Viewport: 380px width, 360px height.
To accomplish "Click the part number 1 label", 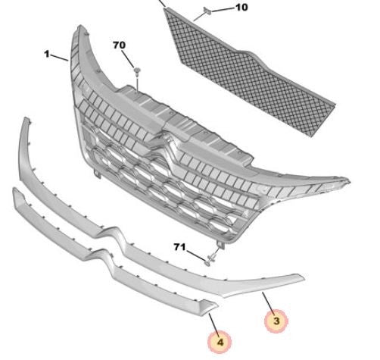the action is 47,54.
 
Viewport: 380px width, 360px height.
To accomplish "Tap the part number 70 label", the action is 119,45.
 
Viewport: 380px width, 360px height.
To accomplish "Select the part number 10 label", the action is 241,8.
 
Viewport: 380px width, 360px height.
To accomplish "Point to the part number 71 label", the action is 179,247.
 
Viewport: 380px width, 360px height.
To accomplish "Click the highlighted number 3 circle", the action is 276,321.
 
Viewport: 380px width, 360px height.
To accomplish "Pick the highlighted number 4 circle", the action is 220,343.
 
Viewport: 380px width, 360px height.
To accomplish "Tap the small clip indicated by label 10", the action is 207,11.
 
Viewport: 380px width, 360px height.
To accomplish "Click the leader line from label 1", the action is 59,58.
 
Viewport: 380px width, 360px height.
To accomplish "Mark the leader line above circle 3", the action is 268,302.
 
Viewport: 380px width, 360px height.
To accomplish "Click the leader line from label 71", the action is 195,255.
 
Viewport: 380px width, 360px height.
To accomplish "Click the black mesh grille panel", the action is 249,74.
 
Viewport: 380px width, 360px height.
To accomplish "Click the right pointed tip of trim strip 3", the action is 305,279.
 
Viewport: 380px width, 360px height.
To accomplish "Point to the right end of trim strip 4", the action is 218,305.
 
